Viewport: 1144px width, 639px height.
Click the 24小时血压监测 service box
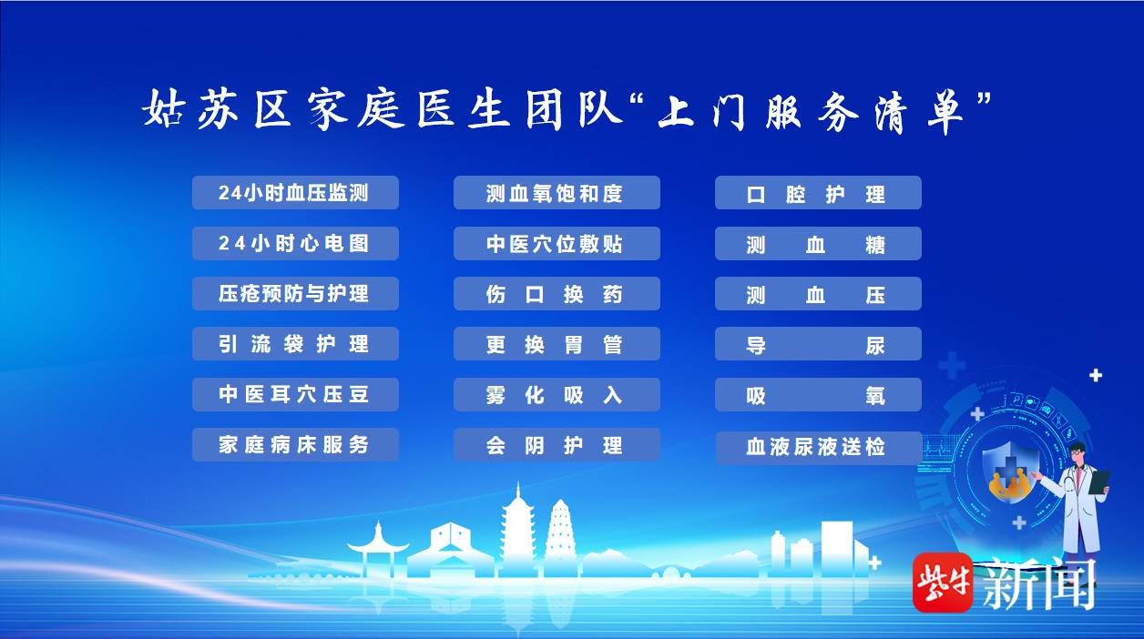tap(295, 192)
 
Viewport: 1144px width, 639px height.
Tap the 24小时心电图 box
tap(295, 243)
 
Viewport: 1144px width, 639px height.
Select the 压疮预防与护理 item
tap(295, 293)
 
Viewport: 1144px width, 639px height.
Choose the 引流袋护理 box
tap(295, 343)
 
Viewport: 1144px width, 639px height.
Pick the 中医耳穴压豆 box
tap(295, 394)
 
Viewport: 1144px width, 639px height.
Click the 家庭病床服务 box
tap(295, 444)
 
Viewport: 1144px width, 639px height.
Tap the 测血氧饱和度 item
tap(557, 192)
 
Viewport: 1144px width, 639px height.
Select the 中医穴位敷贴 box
tap(557, 243)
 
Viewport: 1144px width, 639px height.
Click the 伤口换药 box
tap(557, 293)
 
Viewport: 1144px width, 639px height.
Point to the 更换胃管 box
tap(557, 343)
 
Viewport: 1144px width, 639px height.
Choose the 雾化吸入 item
tap(557, 394)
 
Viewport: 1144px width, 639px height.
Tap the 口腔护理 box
tap(818, 192)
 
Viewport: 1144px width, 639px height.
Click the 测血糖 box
tap(818, 243)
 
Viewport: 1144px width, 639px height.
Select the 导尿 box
tap(818, 343)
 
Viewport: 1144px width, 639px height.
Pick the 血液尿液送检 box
tap(819, 448)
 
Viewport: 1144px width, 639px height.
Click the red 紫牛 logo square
tap(943, 582)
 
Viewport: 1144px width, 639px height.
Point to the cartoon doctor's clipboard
tap(1099, 482)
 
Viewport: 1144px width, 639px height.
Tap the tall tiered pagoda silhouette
tap(518, 531)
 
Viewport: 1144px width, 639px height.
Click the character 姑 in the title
tap(163, 108)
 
